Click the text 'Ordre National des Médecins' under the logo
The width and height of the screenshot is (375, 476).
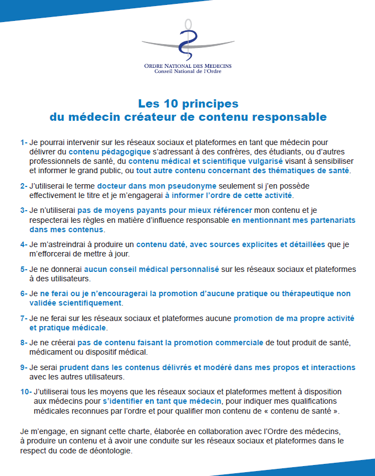point(187,66)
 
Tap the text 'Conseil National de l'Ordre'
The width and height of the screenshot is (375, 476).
point(187,72)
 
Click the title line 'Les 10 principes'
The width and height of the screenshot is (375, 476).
point(187,104)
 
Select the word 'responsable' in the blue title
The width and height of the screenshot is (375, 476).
point(290,117)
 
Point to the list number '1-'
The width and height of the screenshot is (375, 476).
point(24,142)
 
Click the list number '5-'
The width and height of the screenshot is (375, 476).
point(24,270)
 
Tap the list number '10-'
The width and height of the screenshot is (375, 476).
point(25,392)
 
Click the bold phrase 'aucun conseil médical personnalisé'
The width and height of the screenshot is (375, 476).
point(152,270)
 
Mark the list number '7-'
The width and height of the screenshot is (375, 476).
point(24,319)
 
